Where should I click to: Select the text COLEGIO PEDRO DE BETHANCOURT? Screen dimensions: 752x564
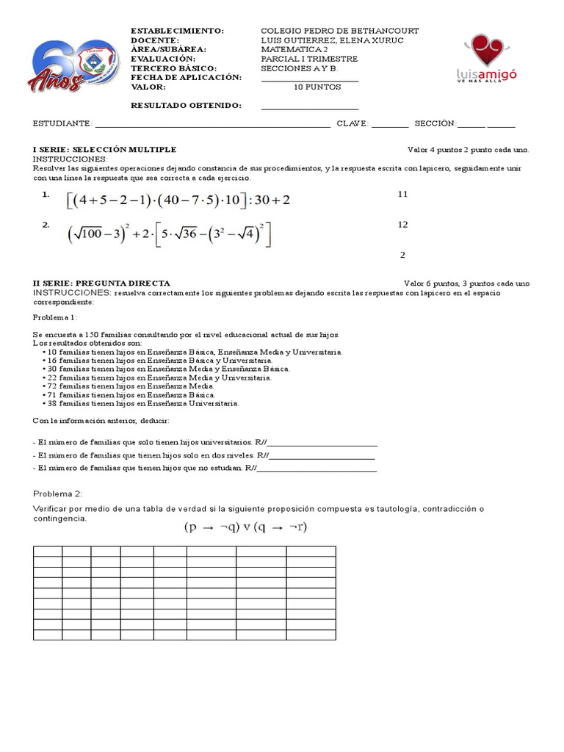340,31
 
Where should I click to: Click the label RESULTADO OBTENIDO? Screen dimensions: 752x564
186,106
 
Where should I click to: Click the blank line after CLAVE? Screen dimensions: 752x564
389,124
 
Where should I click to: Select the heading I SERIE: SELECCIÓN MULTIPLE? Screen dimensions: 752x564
104,149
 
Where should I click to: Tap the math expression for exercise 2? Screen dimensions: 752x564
170,235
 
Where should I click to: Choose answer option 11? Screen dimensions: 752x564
402,194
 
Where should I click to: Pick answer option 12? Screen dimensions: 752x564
402,225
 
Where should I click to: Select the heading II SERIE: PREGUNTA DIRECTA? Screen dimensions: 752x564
101,283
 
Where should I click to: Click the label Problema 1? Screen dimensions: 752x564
54,317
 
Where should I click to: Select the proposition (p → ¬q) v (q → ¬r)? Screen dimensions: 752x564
245,527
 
